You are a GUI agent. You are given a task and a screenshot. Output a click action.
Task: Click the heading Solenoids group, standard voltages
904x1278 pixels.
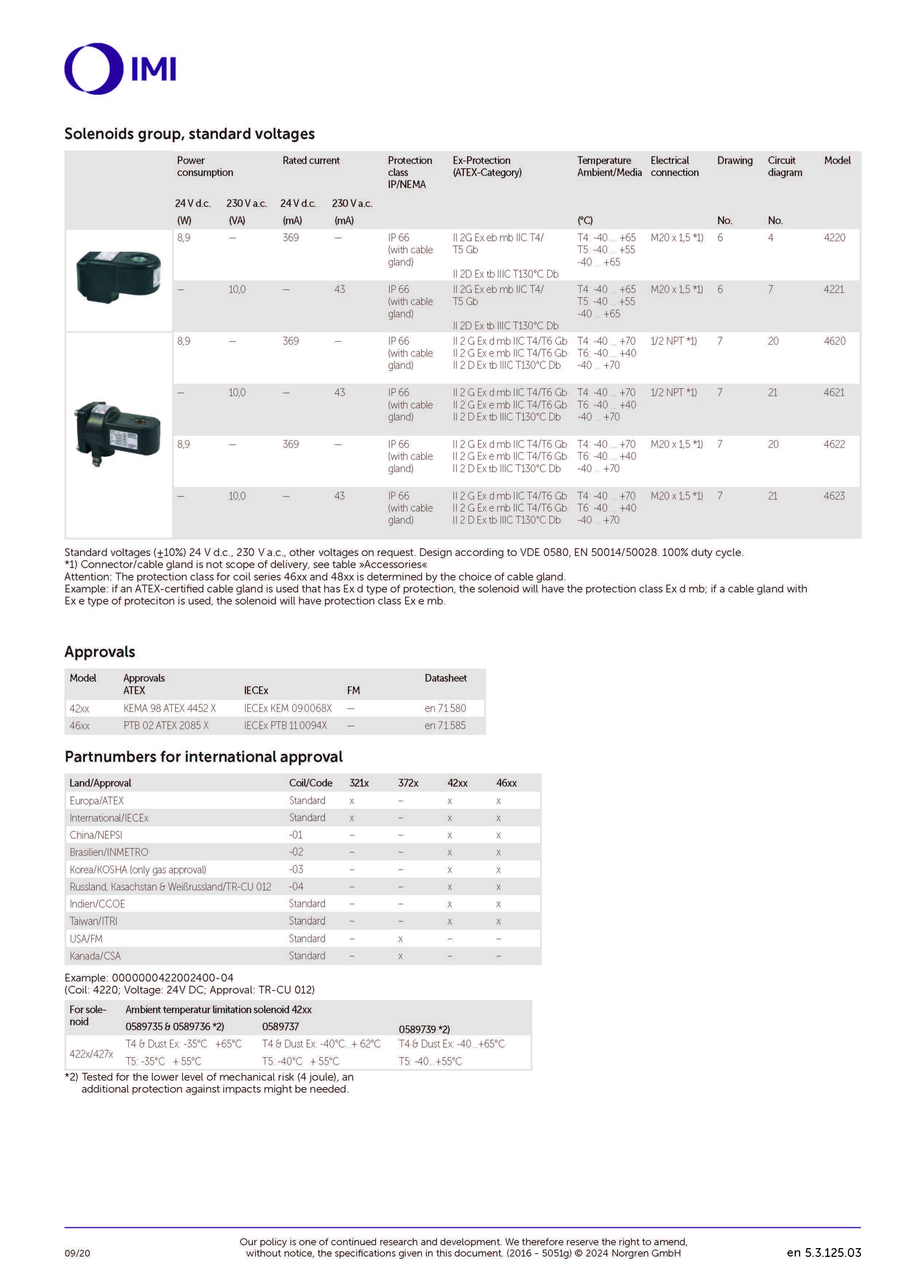click(x=189, y=134)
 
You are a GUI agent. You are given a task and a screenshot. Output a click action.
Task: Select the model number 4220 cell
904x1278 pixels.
click(x=834, y=238)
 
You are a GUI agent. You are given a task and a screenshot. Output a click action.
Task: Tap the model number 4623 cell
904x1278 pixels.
click(x=834, y=496)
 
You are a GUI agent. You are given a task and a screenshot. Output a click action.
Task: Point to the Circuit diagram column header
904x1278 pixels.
click(x=784, y=166)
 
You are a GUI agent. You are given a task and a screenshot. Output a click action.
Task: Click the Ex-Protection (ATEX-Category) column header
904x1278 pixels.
click(x=486, y=166)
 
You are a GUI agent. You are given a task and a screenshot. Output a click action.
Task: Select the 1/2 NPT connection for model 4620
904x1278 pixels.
click(x=673, y=341)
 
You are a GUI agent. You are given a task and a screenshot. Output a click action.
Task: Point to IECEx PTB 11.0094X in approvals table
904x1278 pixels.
click(x=285, y=725)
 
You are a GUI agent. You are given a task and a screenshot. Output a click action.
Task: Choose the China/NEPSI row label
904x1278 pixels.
click(x=96, y=835)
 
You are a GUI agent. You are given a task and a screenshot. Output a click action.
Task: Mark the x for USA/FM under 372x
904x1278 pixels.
click(x=400, y=939)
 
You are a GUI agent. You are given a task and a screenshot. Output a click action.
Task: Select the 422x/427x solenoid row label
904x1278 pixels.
click(x=91, y=1053)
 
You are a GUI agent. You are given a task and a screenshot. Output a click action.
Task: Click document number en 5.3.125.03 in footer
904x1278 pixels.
click(x=823, y=1252)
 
